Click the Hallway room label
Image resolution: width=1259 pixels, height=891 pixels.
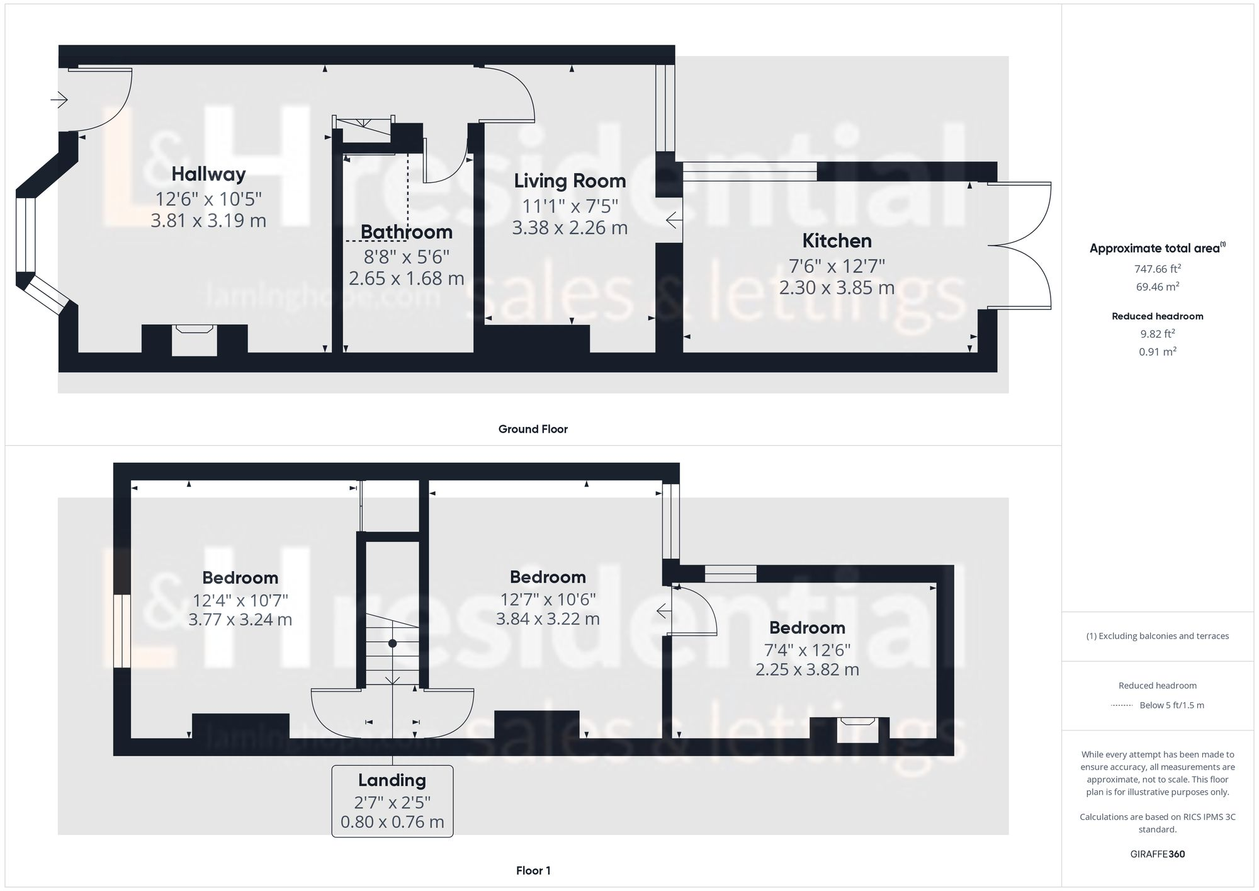click(x=208, y=174)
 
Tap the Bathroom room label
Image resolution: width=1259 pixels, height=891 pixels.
click(x=406, y=232)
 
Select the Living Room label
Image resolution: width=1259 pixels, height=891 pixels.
click(x=570, y=181)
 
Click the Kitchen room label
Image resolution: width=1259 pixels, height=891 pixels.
click(x=837, y=241)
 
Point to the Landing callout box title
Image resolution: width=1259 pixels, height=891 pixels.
click(x=392, y=780)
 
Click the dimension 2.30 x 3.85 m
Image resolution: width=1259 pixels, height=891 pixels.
click(x=837, y=288)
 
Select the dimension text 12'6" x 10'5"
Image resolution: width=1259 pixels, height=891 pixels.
click(x=208, y=199)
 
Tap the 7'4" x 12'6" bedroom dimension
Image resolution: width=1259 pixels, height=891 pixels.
click(x=807, y=649)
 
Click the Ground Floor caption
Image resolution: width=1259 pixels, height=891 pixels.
click(x=533, y=429)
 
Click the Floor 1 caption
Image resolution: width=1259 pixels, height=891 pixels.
click(x=533, y=870)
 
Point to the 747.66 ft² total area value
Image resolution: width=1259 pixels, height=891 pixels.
click(x=1157, y=269)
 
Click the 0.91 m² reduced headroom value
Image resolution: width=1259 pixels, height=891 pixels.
click(x=1157, y=351)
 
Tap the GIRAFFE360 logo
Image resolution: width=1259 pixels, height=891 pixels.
click(x=1157, y=854)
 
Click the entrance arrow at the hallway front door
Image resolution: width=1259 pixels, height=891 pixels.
click(x=59, y=99)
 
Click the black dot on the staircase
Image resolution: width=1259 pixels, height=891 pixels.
click(x=392, y=644)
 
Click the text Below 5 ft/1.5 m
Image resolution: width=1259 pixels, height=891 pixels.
click(x=1171, y=705)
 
